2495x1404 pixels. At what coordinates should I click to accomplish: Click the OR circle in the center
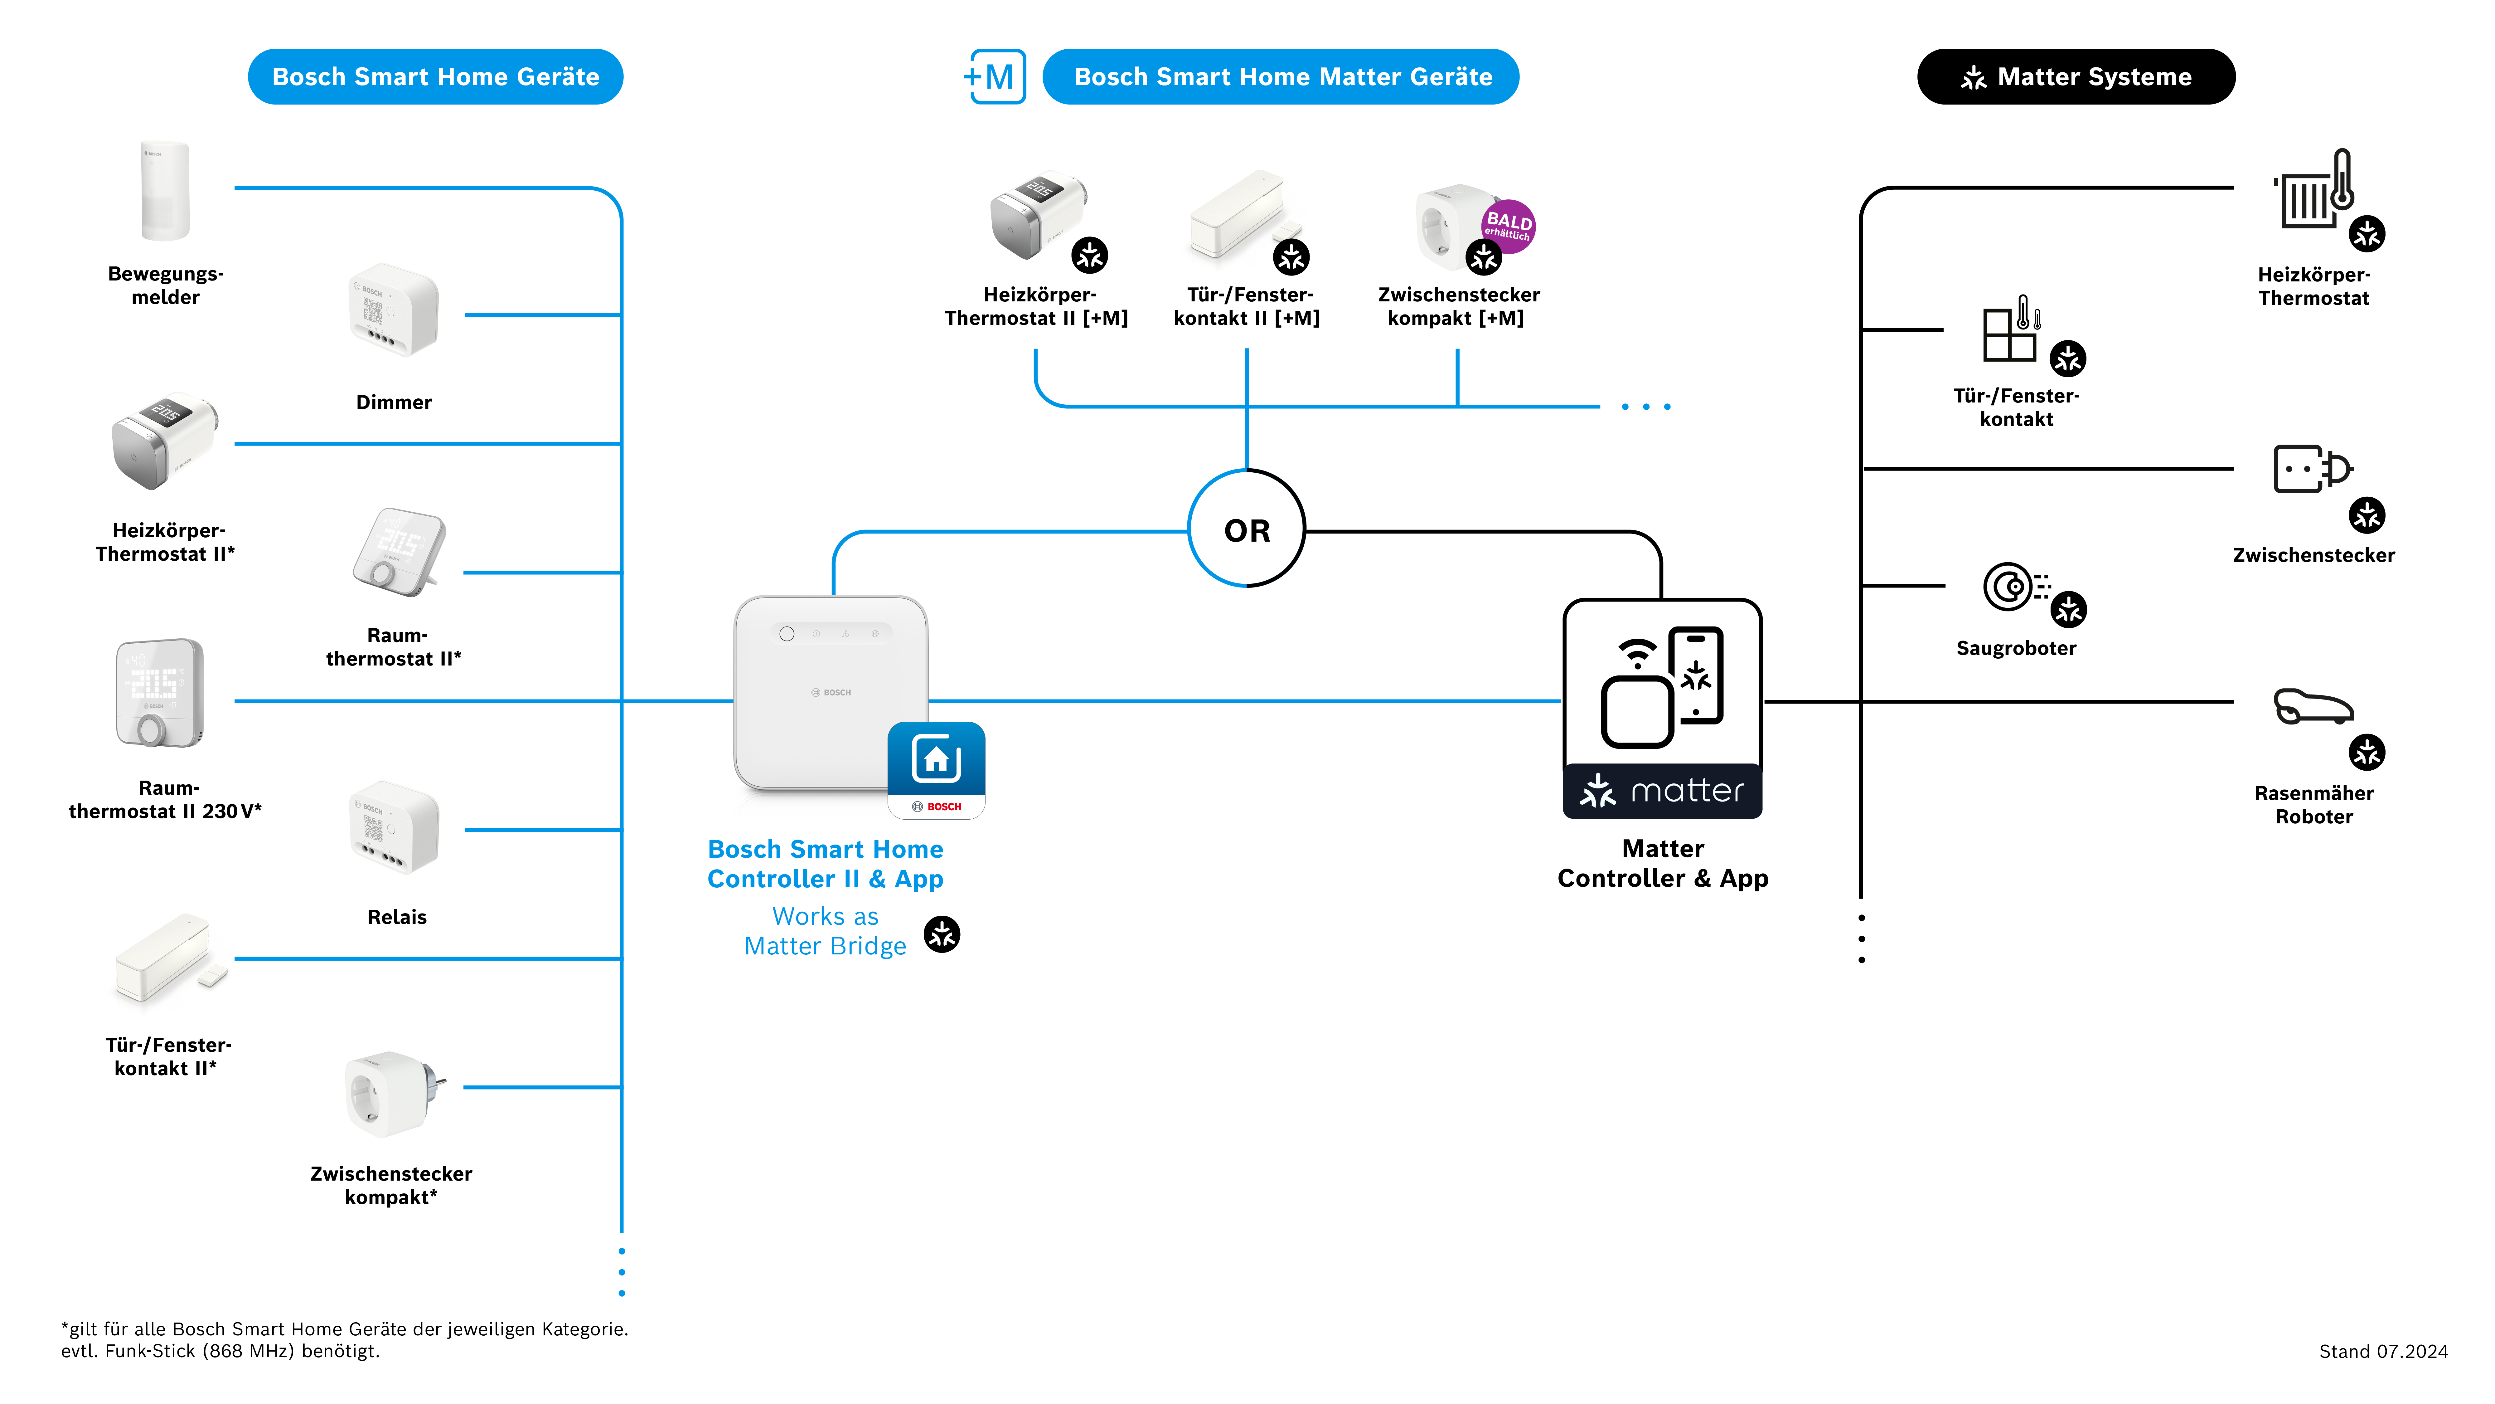(x=1247, y=529)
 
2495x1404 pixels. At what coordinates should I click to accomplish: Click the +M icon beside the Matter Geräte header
(x=995, y=76)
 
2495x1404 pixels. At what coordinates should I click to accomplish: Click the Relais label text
(x=396, y=917)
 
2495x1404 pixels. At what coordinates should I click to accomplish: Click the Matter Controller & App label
(x=1662, y=863)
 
